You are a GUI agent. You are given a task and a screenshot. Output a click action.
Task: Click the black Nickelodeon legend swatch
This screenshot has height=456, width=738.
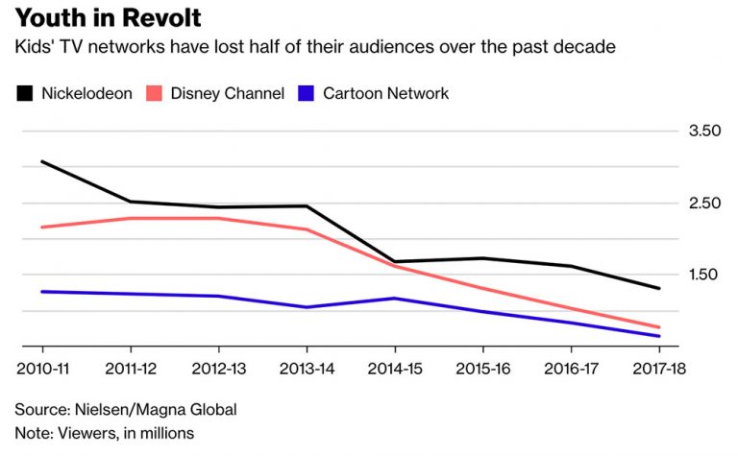tap(24, 93)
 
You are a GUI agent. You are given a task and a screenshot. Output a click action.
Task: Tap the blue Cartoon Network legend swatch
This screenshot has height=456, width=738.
tap(307, 93)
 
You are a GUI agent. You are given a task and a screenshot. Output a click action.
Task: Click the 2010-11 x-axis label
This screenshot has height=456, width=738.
tap(42, 369)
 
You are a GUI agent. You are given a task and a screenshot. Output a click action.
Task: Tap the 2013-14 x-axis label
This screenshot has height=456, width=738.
tap(307, 369)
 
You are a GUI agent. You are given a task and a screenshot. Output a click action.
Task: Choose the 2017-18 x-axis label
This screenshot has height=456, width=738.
tap(657, 369)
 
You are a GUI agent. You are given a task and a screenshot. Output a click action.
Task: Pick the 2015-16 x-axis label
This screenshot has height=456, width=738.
tap(482, 369)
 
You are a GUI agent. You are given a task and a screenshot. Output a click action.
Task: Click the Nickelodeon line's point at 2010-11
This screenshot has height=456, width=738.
tap(42, 161)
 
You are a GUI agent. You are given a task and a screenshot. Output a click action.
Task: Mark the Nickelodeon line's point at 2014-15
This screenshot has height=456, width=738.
tap(395, 262)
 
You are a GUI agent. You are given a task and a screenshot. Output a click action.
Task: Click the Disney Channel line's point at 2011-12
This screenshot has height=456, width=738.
tap(131, 218)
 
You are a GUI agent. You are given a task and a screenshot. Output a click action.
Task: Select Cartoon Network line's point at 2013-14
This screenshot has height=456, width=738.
tap(307, 307)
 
